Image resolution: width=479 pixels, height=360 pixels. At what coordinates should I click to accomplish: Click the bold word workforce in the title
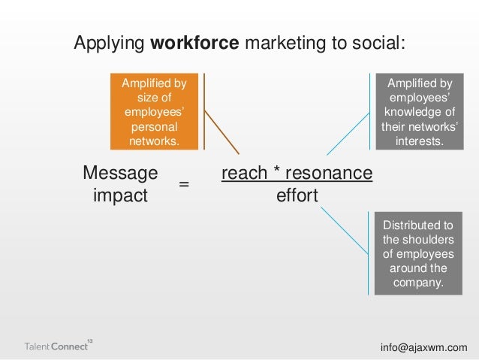pyautogui.click(x=194, y=44)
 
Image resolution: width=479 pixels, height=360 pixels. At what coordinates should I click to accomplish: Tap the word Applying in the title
pyautogui.click(x=109, y=44)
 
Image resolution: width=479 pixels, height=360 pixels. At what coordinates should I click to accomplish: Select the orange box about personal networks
pyautogui.click(x=154, y=111)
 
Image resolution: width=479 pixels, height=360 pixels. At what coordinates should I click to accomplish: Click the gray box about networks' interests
pyautogui.click(x=423, y=111)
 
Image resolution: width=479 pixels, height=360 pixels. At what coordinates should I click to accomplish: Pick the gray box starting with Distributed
pyautogui.click(x=423, y=255)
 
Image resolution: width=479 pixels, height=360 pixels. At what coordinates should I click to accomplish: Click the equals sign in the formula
pyautogui.click(x=184, y=184)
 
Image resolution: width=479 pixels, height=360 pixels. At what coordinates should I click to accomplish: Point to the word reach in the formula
pyautogui.click(x=244, y=174)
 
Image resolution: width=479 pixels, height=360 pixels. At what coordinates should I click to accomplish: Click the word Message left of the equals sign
pyautogui.click(x=120, y=174)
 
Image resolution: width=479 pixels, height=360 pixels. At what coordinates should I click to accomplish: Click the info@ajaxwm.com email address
pyautogui.click(x=423, y=346)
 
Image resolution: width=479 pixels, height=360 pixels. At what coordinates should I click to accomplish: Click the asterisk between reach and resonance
pyautogui.click(x=276, y=174)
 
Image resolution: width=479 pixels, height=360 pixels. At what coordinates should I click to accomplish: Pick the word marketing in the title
pyautogui.click(x=288, y=44)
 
